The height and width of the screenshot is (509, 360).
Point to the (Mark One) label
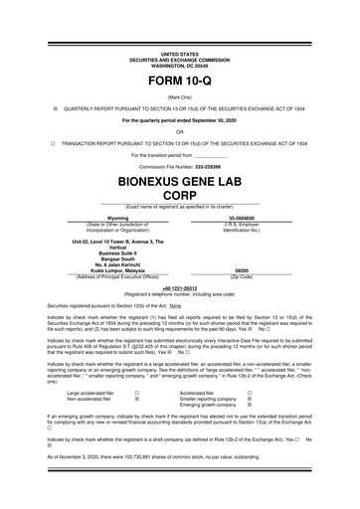pyautogui.click(x=180, y=97)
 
